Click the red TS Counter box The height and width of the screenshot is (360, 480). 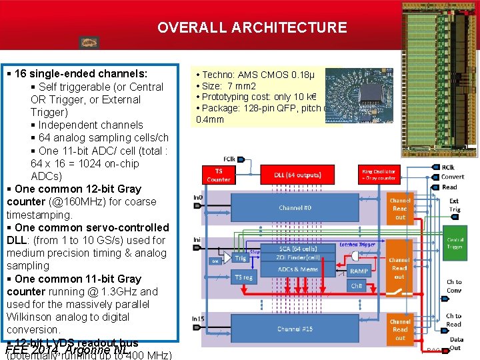[x=219, y=175]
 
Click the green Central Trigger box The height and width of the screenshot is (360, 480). [x=455, y=243]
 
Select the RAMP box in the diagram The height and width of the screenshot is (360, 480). [x=359, y=271]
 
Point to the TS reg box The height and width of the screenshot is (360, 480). [x=244, y=277]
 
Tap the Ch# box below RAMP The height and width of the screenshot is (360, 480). [x=357, y=286]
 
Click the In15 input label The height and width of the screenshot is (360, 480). [x=198, y=319]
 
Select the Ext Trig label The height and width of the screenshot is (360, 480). [x=454, y=205]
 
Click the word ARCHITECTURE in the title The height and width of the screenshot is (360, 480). [x=289, y=28]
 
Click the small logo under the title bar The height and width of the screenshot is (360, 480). [x=89, y=43]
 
